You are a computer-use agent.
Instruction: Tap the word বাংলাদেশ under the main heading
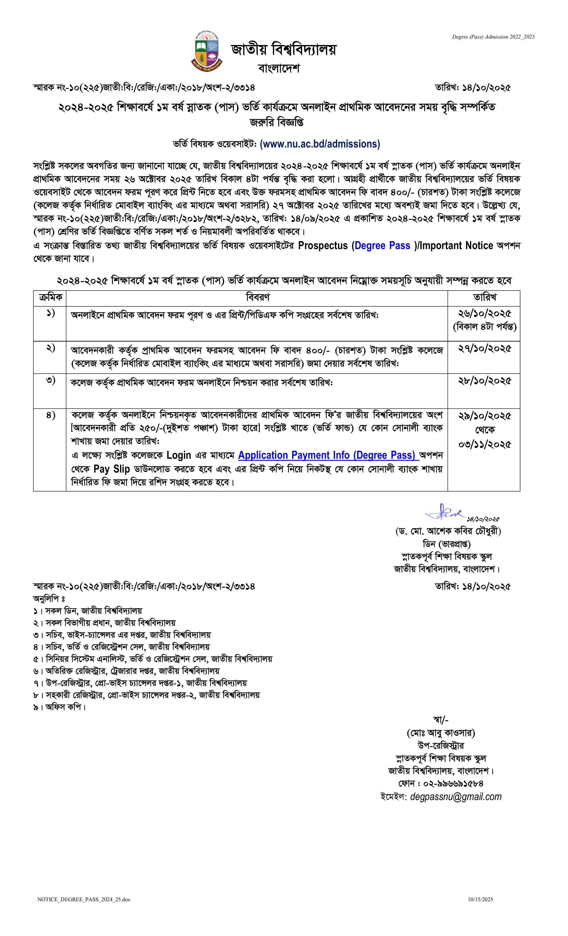tap(279, 68)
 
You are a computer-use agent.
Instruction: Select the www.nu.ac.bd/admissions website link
tap(320, 144)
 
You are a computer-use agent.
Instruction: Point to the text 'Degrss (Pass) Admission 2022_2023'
tap(493, 37)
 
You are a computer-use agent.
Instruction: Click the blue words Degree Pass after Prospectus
tap(383, 246)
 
